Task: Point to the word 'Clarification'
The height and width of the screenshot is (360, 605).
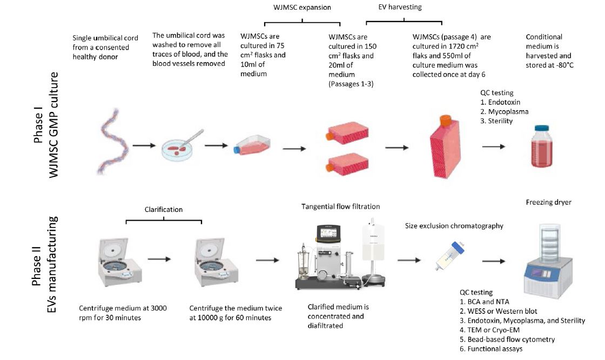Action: pos(163,209)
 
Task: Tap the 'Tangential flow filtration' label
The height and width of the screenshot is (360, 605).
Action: pos(340,207)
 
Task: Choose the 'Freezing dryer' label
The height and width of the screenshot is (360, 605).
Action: pos(548,203)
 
